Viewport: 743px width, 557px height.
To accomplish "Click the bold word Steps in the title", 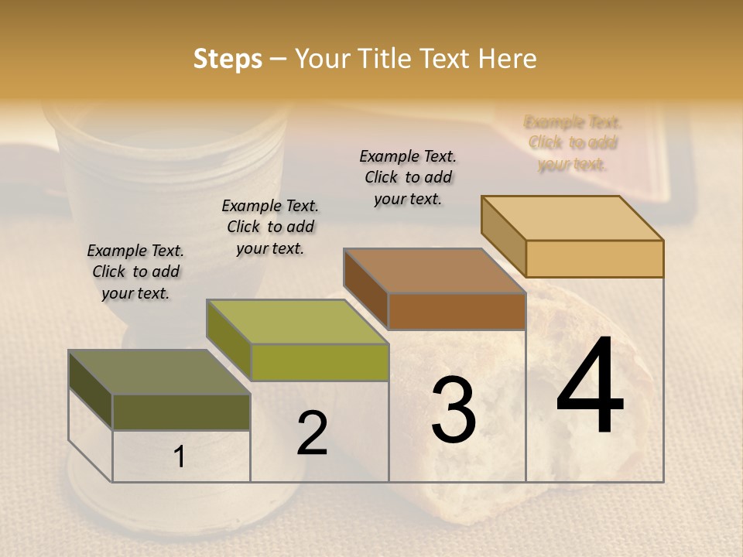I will click(228, 59).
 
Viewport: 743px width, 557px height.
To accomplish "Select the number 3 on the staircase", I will click(454, 410).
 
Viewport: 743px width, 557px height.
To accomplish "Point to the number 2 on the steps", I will click(312, 434).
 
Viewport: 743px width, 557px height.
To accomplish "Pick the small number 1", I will click(180, 457).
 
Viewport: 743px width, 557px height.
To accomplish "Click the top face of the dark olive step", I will click(159, 372).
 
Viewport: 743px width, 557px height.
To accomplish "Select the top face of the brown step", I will click(434, 271).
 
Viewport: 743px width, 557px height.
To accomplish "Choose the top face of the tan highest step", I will click(572, 218).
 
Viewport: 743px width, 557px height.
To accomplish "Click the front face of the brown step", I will click(457, 311).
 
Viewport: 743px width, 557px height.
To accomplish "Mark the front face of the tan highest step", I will click(594, 258).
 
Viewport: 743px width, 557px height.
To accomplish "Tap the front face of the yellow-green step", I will click(319, 362).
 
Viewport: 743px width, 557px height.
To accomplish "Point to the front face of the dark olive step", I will click(181, 412).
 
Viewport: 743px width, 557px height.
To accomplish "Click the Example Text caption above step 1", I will click(135, 272).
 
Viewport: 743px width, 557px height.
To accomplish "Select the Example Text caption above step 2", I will click(270, 227).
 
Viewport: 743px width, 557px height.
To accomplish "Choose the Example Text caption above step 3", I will click(408, 177).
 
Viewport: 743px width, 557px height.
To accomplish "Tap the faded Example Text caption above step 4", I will click(573, 143).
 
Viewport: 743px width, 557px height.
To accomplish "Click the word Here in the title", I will click(508, 59).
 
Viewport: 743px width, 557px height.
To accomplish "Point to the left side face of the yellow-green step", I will click(229, 340).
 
